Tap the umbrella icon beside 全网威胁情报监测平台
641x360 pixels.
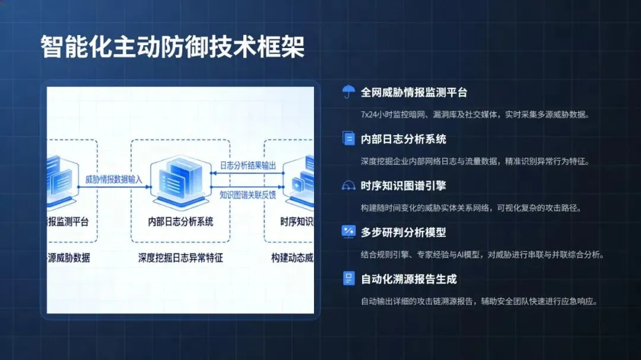point(348,92)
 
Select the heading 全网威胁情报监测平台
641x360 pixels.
point(414,93)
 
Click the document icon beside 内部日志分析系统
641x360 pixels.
point(348,139)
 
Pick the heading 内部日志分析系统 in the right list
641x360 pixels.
point(403,139)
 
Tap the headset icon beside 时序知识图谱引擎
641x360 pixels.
point(348,186)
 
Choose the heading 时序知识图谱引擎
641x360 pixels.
point(403,186)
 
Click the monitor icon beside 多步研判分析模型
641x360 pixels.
point(348,232)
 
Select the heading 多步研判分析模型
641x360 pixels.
point(403,232)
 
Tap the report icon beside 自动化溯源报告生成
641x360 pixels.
point(348,278)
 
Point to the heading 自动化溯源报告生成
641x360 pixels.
point(408,279)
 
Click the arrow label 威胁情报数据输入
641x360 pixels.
point(114,179)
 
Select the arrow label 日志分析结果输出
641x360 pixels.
point(247,165)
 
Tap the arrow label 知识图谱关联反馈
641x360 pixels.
point(247,194)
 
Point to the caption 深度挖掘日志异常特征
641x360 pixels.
point(180,258)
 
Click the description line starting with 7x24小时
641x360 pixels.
point(475,114)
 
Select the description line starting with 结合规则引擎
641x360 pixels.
point(482,255)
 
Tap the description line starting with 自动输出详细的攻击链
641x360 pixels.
point(478,301)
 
